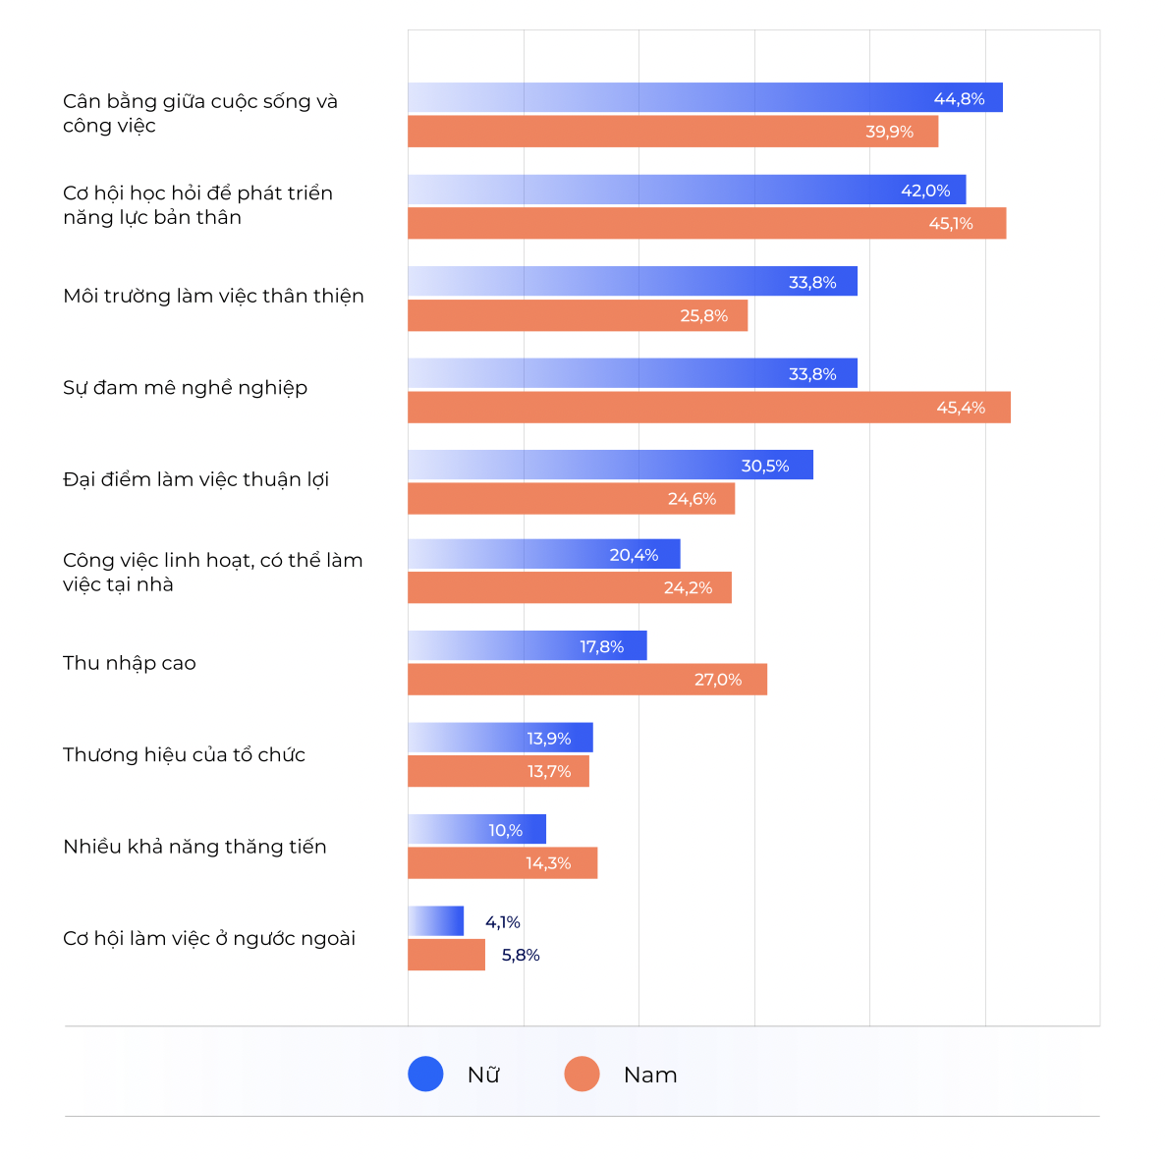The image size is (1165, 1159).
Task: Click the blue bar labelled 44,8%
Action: [x=704, y=97]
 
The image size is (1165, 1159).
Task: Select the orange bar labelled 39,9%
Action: [x=673, y=132]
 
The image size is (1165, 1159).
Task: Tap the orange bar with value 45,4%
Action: [x=708, y=408]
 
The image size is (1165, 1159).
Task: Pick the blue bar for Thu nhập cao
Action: [x=527, y=646]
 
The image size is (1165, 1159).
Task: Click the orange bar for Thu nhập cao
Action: [x=586, y=680]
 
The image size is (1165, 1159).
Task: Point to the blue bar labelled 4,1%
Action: [x=435, y=921]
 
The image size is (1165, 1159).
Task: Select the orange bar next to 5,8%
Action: [x=446, y=955]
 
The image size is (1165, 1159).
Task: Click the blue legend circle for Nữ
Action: [x=425, y=1074]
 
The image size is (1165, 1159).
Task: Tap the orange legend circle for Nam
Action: [x=582, y=1074]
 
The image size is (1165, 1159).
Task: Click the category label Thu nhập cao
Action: [x=130, y=663]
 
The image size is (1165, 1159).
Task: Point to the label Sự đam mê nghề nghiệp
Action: [x=185, y=388]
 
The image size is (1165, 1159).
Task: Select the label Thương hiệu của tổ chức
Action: [x=184, y=754]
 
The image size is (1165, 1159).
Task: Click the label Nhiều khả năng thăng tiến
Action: [x=194, y=847]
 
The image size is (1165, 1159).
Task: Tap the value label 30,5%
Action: [x=764, y=466]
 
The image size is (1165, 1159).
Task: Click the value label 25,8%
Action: [x=703, y=316]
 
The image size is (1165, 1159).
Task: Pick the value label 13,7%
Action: [x=548, y=772]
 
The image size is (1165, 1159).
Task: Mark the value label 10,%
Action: [x=505, y=831]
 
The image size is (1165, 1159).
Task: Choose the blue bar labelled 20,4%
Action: [x=543, y=554]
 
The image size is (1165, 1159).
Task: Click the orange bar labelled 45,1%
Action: [x=706, y=223]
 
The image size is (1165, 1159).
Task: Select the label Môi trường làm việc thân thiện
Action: [x=213, y=296]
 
